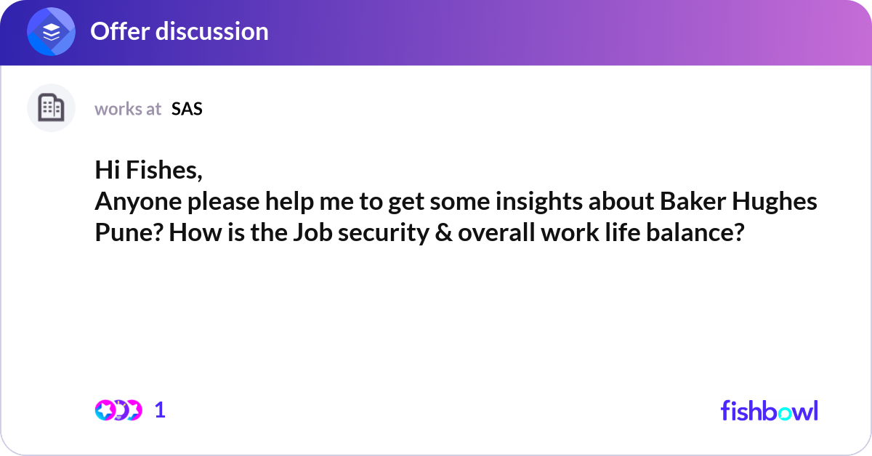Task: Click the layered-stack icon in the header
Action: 51,31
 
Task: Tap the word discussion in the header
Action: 212,31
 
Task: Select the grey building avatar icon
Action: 51,107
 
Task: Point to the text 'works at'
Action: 128,109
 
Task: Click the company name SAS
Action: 187,109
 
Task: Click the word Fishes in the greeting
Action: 164,170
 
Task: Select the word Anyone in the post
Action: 138,202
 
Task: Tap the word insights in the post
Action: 538,202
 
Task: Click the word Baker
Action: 693,201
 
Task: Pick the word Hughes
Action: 775,202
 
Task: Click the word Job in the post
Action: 312,232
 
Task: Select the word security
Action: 384,232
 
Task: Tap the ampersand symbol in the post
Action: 443,232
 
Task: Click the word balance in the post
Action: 695,232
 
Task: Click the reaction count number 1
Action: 160,410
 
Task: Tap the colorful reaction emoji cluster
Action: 118,410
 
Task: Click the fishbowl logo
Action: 770,410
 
